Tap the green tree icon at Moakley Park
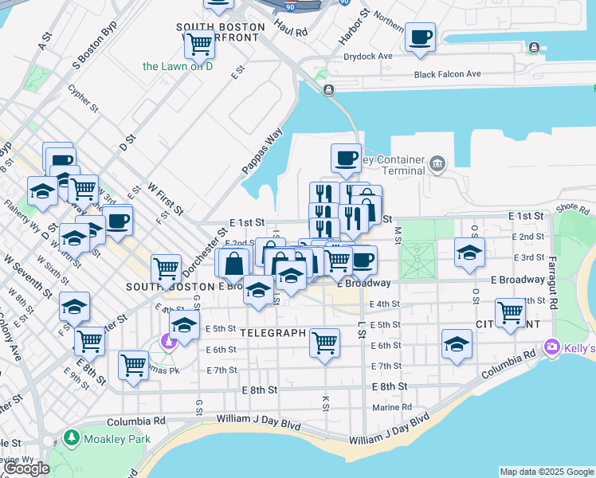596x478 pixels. (x=71, y=439)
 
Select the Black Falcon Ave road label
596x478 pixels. (x=447, y=74)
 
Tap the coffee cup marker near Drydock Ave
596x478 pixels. (x=420, y=37)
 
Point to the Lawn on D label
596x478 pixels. (x=178, y=66)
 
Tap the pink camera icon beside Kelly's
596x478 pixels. (x=551, y=348)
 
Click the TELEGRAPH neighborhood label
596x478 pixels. (x=272, y=331)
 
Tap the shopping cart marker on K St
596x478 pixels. (x=324, y=343)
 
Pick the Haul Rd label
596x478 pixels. (x=290, y=32)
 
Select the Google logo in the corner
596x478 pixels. (x=26, y=468)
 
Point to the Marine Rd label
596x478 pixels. (x=393, y=407)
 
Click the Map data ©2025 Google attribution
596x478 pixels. (x=547, y=472)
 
